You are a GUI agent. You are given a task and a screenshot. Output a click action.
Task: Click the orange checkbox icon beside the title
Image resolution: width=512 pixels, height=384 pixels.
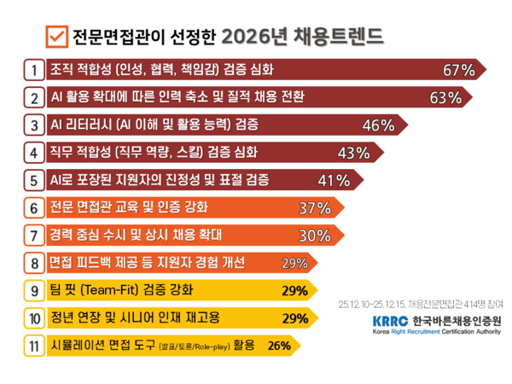coord(56,37)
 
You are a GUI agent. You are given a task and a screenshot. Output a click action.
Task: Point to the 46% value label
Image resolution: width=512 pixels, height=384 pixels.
coord(379,125)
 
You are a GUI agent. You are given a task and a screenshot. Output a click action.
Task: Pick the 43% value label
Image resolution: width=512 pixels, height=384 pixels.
coord(353,154)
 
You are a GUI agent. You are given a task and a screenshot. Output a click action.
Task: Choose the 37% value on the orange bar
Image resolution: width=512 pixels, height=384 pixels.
coord(314,208)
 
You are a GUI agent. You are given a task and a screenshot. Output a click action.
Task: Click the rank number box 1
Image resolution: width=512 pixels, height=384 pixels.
coord(33,69)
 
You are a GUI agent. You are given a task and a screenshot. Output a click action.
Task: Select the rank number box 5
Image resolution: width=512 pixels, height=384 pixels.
coord(33,180)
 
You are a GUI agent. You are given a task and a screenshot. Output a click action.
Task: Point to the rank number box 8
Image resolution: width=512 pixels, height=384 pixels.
coord(33,263)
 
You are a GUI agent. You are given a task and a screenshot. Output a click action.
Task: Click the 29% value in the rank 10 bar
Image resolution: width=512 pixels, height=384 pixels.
coord(294,318)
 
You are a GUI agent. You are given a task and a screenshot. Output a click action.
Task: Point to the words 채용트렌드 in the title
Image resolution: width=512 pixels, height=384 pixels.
coord(341,37)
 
